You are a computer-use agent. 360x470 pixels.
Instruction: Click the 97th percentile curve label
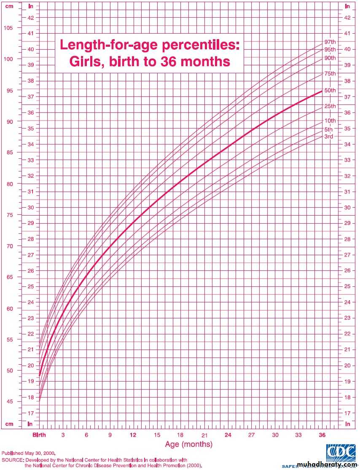point(330,42)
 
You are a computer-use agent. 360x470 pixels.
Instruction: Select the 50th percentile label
point(330,90)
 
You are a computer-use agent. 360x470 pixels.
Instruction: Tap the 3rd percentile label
point(329,137)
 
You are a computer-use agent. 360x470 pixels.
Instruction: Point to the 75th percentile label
point(330,74)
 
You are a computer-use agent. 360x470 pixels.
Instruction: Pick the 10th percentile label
point(330,121)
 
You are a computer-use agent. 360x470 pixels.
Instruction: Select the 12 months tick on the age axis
point(133,435)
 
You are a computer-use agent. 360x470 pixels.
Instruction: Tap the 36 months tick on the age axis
point(322,435)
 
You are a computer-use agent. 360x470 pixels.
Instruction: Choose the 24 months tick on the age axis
point(228,435)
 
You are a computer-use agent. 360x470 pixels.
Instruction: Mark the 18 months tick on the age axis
point(180,435)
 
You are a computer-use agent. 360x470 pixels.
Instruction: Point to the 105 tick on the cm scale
point(8,28)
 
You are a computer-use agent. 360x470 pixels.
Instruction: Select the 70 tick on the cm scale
point(8,246)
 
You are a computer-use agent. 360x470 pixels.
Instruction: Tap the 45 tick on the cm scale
point(8,402)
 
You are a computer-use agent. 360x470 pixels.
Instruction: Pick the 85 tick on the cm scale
point(8,152)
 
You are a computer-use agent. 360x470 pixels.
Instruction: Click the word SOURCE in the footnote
point(12,460)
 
